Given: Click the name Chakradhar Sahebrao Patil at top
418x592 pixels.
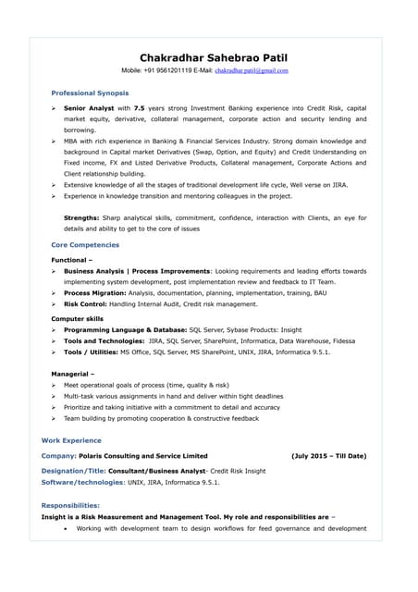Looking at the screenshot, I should click(x=209, y=56).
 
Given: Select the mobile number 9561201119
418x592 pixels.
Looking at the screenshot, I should click(x=178, y=70).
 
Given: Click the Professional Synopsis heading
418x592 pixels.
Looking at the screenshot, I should click(x=90, y=93).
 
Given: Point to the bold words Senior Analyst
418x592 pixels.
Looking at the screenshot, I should click(x=89, y=108).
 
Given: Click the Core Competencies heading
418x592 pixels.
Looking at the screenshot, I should click(x=85, y=245).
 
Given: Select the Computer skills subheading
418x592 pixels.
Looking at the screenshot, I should click(x=77, y=318).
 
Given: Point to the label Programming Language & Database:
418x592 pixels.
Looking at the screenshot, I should click(x=124, y=329).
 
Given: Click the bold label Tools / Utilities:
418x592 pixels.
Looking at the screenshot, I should click(x=97, y=351).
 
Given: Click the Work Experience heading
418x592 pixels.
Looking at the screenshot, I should click(x=71, y=440).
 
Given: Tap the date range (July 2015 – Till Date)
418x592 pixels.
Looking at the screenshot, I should click(x=328, y=456).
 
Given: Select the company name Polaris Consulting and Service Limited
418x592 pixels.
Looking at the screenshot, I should click(x=144, y=456).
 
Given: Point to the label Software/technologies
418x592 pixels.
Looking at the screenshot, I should click(x=82, y=482).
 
